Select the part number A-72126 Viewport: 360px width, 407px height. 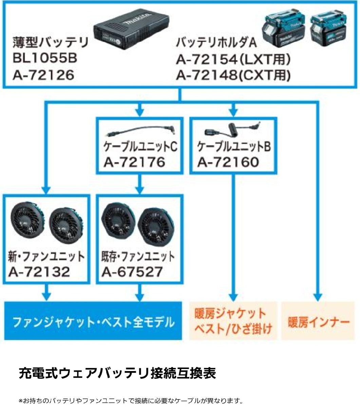pyautogui.click(x=43, y=75)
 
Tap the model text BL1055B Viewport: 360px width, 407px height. pyautogui.click(x=45, y=58)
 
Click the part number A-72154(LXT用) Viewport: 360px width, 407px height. pyautogui.click(x=233, y=60)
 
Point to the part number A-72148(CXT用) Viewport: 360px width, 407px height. pyautogui.click(x=233, y=75)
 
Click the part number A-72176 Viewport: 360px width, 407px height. pyautogui.click(x=134, y=162)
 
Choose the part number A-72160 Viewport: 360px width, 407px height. pyautogui.click(x=228, y=162)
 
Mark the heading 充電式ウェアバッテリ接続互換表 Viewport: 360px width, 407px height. pyautogui.click(x=117, y=374)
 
